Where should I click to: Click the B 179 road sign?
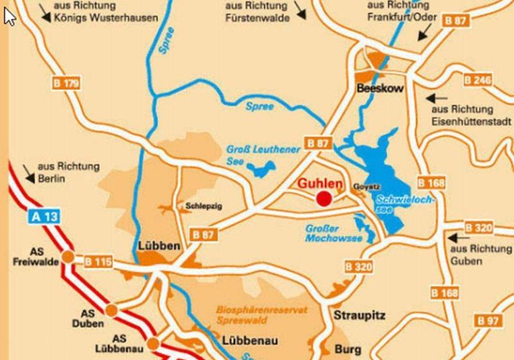point(66,83)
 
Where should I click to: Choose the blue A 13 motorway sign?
point(45,217)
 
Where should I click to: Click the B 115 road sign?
point(98,262)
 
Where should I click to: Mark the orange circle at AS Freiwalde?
point(67,258)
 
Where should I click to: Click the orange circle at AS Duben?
point(111,310)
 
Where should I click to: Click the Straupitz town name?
point(359,316)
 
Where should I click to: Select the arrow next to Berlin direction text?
point(30,171)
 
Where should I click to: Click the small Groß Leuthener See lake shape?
point(260,170)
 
